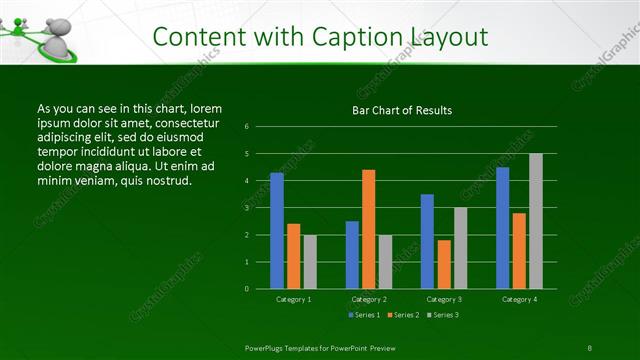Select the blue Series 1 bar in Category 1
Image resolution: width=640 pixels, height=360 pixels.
pos(277,230)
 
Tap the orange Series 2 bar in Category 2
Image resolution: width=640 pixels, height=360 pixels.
pos(368,229)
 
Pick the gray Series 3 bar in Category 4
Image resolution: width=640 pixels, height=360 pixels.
pos(536,221)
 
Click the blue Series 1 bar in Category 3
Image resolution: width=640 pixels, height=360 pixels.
pos(427,241)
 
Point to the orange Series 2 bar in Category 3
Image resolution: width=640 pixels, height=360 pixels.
pos(444,264)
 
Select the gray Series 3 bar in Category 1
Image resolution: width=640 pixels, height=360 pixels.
pos(310,261)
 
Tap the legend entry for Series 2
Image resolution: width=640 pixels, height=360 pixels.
pos(403,315)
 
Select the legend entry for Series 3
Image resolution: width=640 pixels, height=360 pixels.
pos(443,315)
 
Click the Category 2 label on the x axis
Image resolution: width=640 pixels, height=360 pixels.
pos(368,299)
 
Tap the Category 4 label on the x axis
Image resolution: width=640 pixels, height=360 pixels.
pos(519,299)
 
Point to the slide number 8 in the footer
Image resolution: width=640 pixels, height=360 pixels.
pos(589,347)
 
